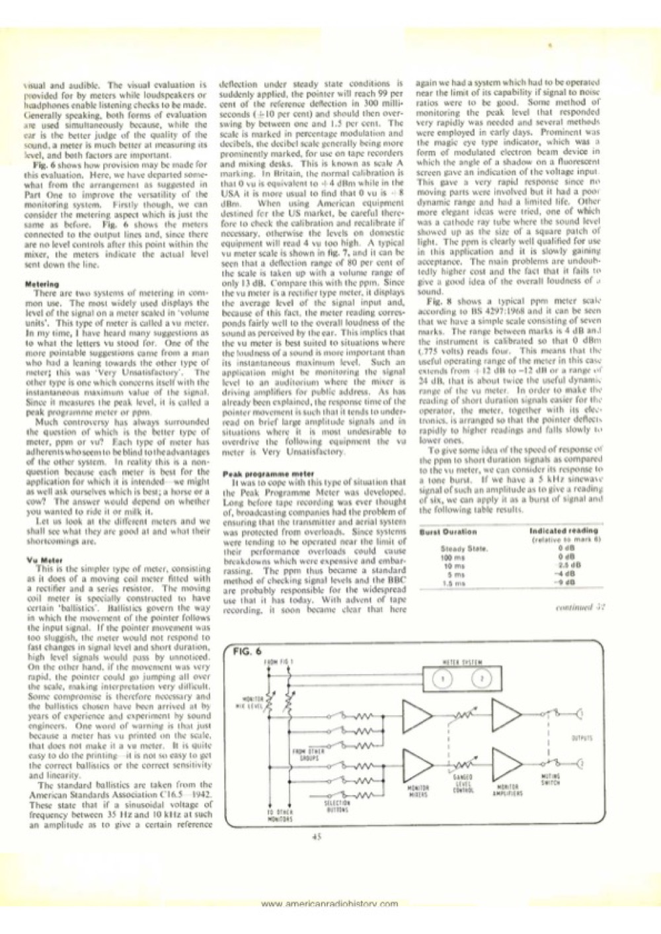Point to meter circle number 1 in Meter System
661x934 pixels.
(445, 677)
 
